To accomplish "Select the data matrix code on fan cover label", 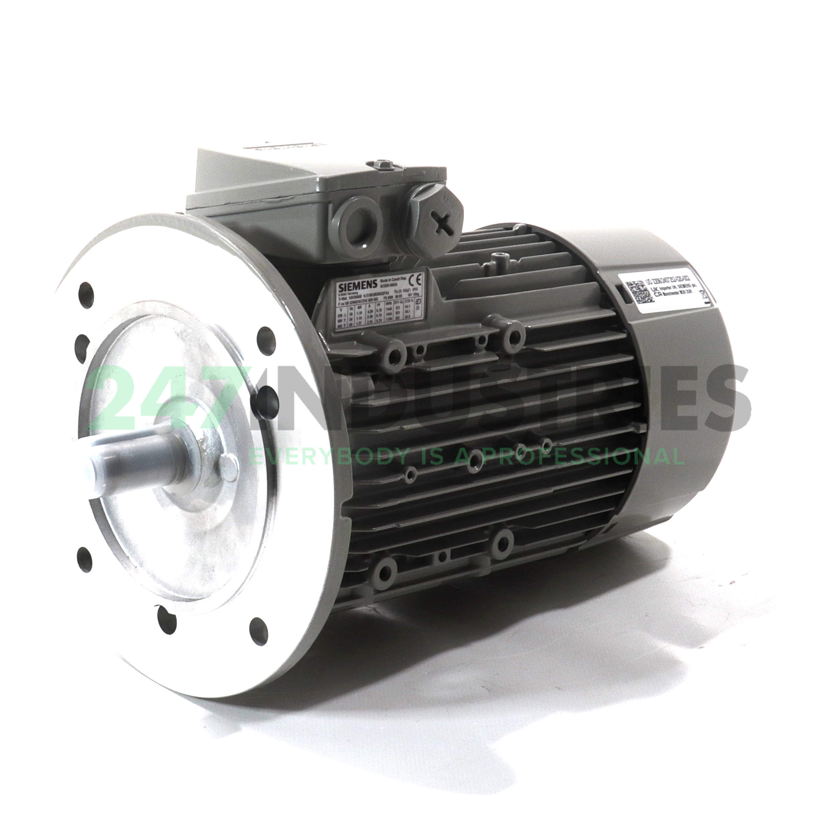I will tap(638, 292).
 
